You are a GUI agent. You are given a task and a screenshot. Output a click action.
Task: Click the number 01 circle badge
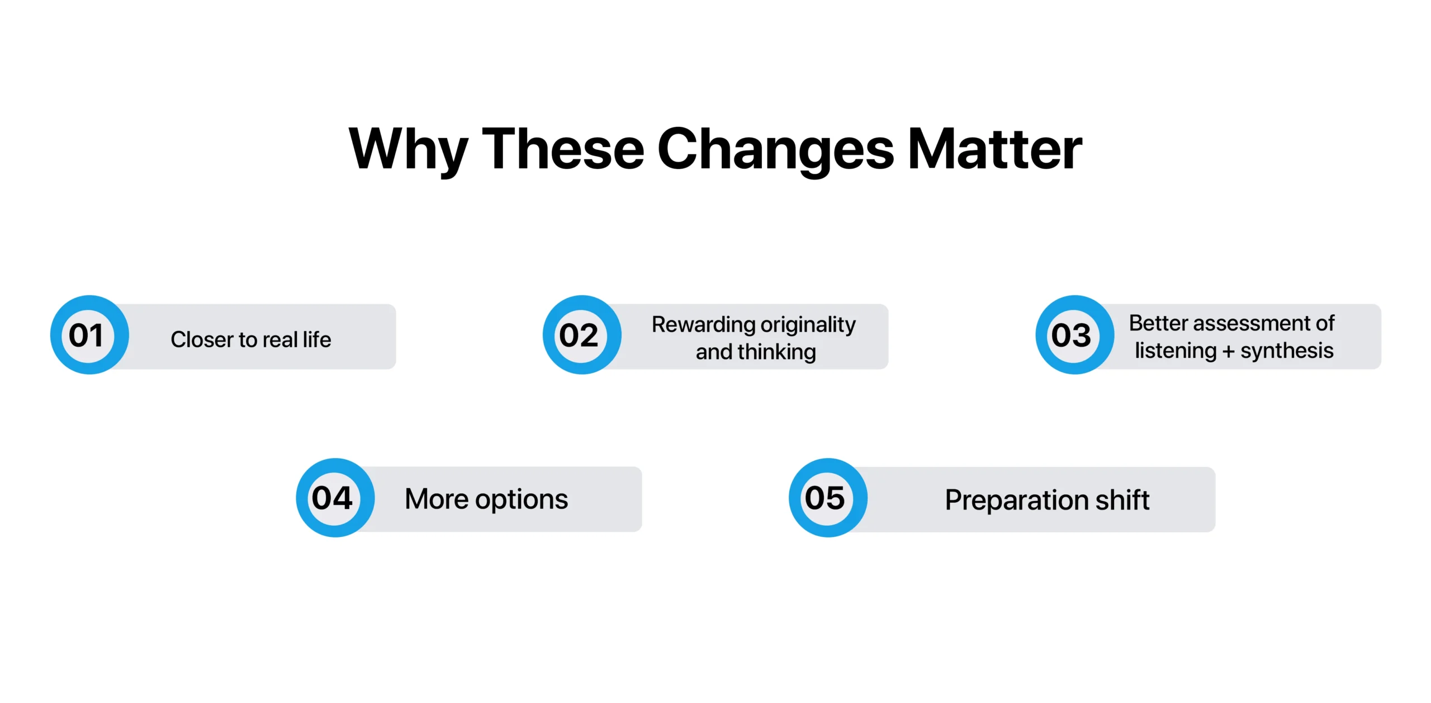pos(89,335)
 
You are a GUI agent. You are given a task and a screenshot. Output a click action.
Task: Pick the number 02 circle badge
pos(582,335)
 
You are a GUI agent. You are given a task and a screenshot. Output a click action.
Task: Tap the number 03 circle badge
pos(1074,335)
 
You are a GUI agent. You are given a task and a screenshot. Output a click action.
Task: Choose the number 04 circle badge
pos(335,498)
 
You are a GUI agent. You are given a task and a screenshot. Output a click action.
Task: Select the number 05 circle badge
pos(828,498)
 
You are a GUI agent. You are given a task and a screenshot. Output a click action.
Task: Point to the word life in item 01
pos(317,339)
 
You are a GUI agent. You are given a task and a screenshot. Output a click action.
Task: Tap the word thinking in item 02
pos(776,352)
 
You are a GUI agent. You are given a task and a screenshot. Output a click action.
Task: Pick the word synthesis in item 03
pos(1287,351)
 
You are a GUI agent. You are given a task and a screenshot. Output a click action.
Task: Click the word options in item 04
pos(521,499)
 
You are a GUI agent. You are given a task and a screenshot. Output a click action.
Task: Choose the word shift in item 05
pos(1122,500)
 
